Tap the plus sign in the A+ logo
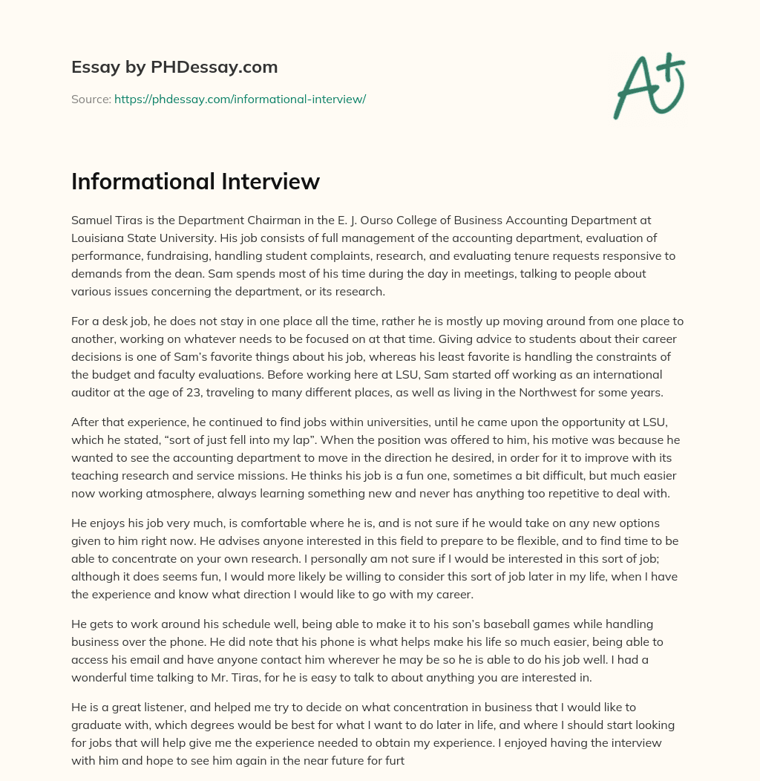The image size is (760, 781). point(672,68)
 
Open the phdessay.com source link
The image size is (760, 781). point(240,99)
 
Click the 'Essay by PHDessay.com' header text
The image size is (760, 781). point(174,68)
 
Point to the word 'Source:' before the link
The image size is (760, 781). point(91,99)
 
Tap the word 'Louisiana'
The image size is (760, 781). point(97,238)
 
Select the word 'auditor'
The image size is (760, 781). point(94,393)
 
